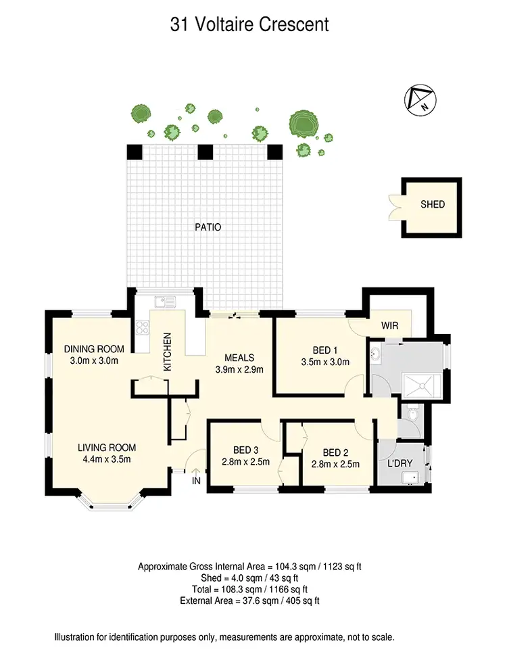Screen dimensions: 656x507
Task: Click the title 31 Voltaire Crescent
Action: [x=249, y=26]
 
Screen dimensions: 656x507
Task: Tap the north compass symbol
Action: [x=420, y=99]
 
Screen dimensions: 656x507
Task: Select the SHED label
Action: [x=433, y=204]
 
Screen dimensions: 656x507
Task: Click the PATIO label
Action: [x=207, y=227]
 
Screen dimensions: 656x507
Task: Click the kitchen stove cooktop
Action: [x=143, y=328]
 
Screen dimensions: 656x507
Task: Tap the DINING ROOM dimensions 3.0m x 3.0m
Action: [x=94, y=360]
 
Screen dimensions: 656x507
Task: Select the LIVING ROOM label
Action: [x=107, y=447]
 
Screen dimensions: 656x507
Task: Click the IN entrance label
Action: [x=196, y=480]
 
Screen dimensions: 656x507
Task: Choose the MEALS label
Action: [x=239, y=358]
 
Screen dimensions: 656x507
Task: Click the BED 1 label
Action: [x=325, y=350]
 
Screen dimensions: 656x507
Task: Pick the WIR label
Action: [x=390, y=326]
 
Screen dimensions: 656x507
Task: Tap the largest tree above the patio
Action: [x=301, y=124]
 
